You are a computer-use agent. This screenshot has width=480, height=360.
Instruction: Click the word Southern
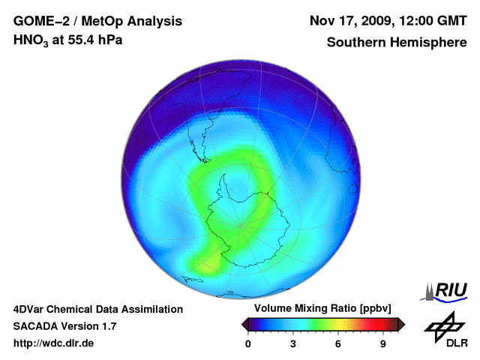coord(355,42)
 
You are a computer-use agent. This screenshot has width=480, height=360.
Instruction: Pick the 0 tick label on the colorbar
coord(248,343)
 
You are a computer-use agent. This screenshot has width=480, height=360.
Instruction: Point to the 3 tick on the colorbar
coord(293,343)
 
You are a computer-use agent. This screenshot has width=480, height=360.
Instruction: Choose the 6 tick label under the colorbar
coord(338,343)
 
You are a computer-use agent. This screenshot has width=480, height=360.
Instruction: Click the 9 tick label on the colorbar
coord(382,343)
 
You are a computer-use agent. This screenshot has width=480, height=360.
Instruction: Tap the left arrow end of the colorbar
coord(244,324)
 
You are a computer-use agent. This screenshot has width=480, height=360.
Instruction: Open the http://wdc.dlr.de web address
coord(54,343)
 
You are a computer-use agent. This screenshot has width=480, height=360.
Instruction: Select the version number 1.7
coord(107,326)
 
